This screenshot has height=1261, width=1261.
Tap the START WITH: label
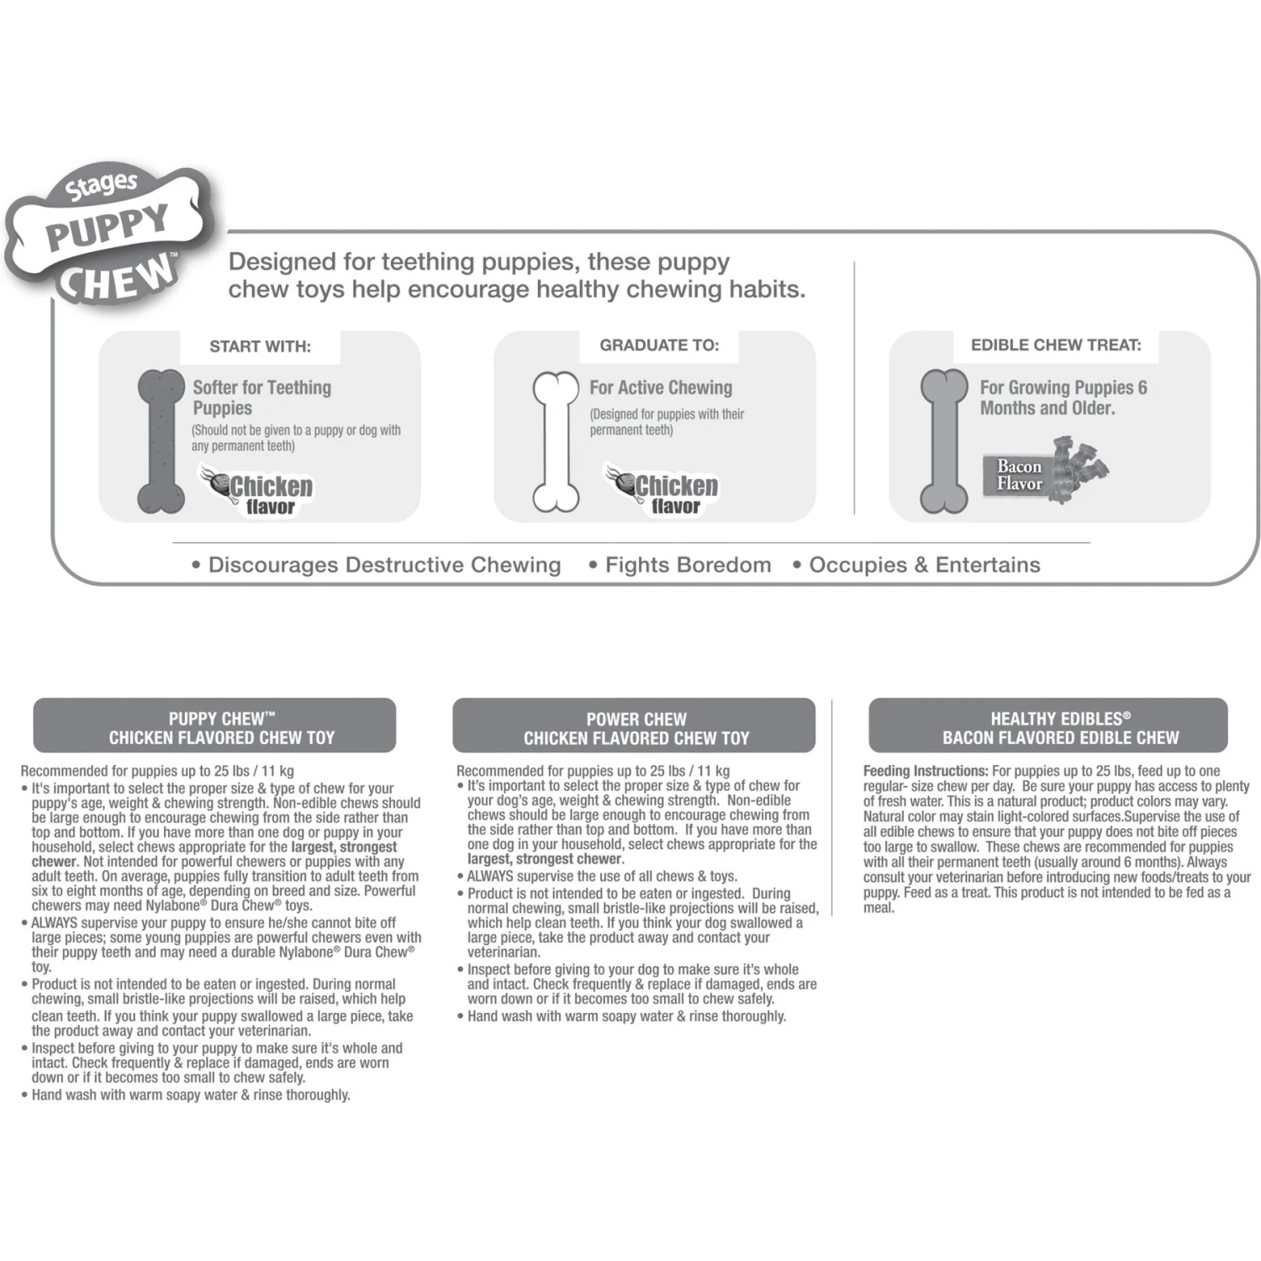[260, 346]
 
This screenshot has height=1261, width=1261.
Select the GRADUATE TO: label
[659, 345]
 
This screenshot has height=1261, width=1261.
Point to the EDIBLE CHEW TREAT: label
[1056, 345]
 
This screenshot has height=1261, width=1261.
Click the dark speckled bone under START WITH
[161, 441]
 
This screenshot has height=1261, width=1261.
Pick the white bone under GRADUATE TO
[556, 441]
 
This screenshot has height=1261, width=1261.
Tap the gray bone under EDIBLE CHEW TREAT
[944, 441]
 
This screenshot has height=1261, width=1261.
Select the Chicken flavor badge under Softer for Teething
[257, 490]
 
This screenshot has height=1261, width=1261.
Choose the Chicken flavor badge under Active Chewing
[662, 489]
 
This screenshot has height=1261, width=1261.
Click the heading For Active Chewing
[661, 388]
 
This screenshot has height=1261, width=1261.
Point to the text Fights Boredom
[688, 565]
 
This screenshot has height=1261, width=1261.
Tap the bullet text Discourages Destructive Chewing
[384, 565]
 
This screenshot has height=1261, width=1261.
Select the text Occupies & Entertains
[925, 565]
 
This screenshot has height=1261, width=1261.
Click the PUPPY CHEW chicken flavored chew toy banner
[214, 725]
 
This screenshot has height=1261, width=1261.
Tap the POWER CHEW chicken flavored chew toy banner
[634, 725]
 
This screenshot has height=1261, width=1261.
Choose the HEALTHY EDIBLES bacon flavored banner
[1048, 725]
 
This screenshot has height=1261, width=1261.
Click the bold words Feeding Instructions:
[926, 771]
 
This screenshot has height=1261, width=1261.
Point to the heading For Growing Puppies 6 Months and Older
[1063, 398]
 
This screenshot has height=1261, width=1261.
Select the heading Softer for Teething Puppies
[262, 398]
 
